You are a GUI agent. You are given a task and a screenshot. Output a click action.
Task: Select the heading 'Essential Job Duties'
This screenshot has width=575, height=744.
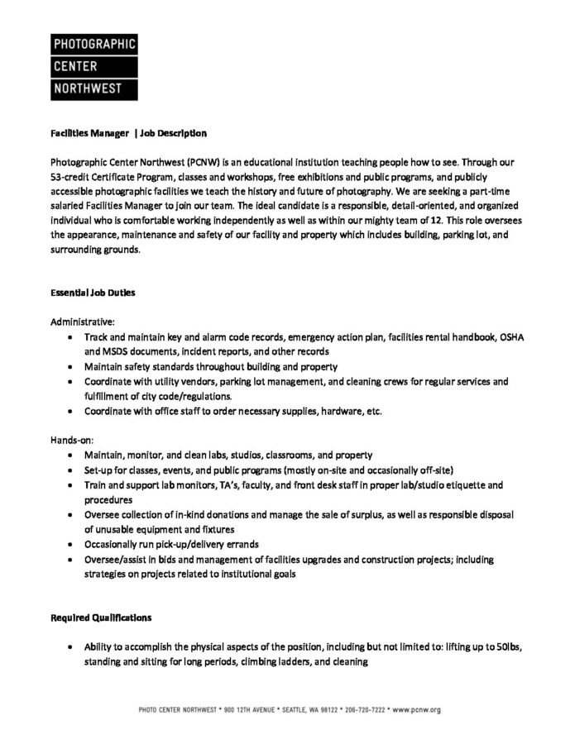click(93, 293)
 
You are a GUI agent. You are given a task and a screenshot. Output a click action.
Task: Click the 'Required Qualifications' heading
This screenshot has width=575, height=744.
click(101, 617)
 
